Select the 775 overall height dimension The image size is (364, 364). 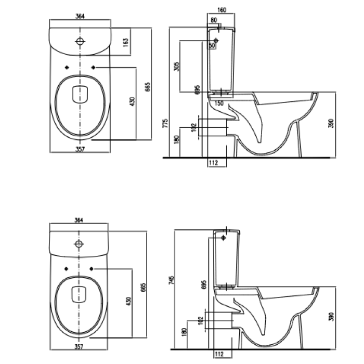165,123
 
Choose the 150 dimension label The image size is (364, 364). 219,103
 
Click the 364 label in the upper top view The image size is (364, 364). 81,16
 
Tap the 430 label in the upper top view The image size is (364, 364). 133,101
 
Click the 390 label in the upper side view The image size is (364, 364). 331,123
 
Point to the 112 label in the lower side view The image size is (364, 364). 219,354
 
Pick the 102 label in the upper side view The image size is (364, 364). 193,127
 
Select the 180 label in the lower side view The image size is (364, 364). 185,332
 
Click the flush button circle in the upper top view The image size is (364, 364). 80,41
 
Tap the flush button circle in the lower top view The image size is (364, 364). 80,244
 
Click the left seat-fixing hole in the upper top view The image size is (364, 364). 67,68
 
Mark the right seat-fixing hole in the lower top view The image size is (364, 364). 92,269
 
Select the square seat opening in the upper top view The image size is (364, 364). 80,94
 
